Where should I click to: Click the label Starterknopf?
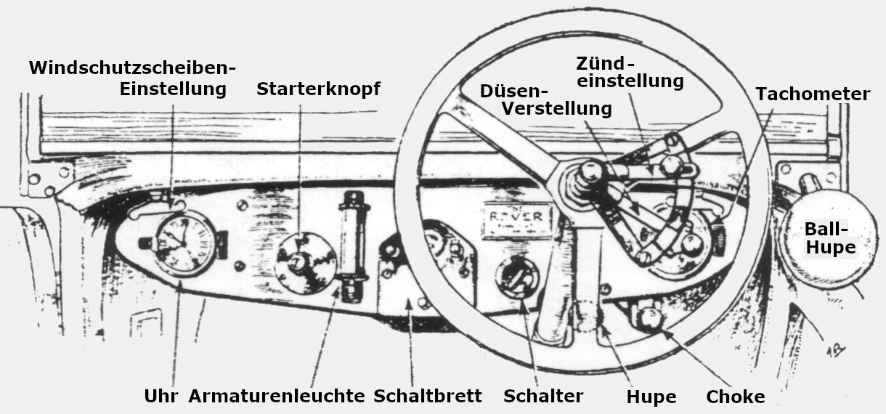pos(318,89)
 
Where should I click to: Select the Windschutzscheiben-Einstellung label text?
pos(133,78)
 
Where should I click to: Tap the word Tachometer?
pos(812,94)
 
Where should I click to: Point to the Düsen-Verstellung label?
pos(545,100)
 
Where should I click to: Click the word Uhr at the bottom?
pos(160,397)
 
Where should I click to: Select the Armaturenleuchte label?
pos(277,397)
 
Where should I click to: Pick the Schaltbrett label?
pos(428,397)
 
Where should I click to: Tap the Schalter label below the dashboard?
pos(543,397)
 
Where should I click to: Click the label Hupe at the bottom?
pos(651,397)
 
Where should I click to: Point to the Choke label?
pos(736,397)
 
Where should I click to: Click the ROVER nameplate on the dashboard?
pos(518,219)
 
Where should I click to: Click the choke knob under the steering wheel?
pos(648,317)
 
